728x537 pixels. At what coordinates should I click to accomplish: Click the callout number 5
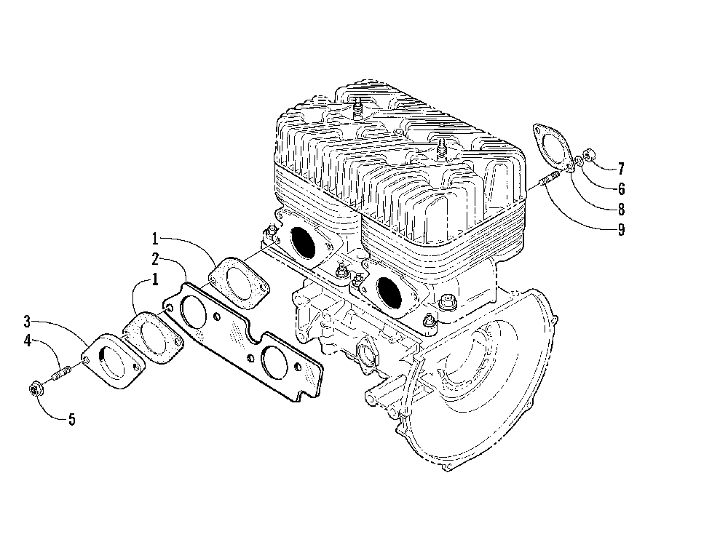point(71,419)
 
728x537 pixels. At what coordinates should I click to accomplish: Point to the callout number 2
point(155,259)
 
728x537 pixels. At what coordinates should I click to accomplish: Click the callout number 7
point(620,169)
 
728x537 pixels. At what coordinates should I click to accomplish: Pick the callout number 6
point(620,189)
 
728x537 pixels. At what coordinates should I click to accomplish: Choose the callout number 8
point(620,210)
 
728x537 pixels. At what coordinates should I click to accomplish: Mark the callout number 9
point(620,231)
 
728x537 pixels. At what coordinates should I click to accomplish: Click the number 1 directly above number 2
point(155,238)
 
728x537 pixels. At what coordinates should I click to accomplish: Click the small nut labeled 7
point(590,156)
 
